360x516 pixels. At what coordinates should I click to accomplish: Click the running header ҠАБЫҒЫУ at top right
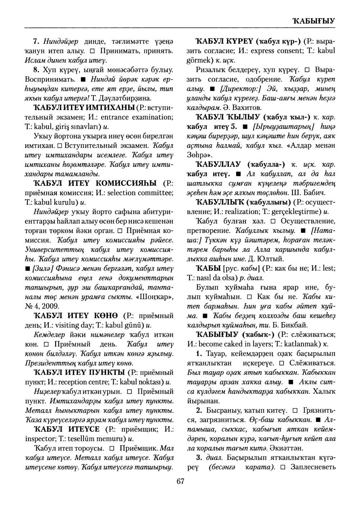314,21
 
